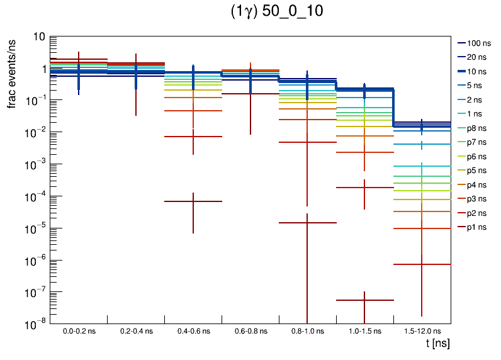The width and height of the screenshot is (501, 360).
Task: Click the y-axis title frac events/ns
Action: point(12,72)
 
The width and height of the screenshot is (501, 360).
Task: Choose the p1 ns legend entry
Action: point(476,227)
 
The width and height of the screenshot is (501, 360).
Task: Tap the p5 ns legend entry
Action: point(476,171)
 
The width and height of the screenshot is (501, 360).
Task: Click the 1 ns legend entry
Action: point(477,114)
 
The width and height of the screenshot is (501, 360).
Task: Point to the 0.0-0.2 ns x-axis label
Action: point(79,330)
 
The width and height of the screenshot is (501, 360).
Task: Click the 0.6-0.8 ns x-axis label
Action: point(250,330)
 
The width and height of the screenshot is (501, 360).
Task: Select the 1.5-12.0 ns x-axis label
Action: point(422,330)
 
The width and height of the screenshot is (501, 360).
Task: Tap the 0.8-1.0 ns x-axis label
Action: point(308,330)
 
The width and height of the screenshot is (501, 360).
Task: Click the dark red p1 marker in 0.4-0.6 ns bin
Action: point(193,201)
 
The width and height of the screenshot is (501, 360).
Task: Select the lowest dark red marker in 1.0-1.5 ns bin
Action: point(365,300)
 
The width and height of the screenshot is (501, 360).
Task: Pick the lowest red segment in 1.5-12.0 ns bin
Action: point(422,264)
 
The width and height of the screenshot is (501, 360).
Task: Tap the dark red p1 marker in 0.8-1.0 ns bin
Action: point(308,223)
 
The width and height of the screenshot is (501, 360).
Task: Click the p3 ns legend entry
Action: point(476,199)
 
